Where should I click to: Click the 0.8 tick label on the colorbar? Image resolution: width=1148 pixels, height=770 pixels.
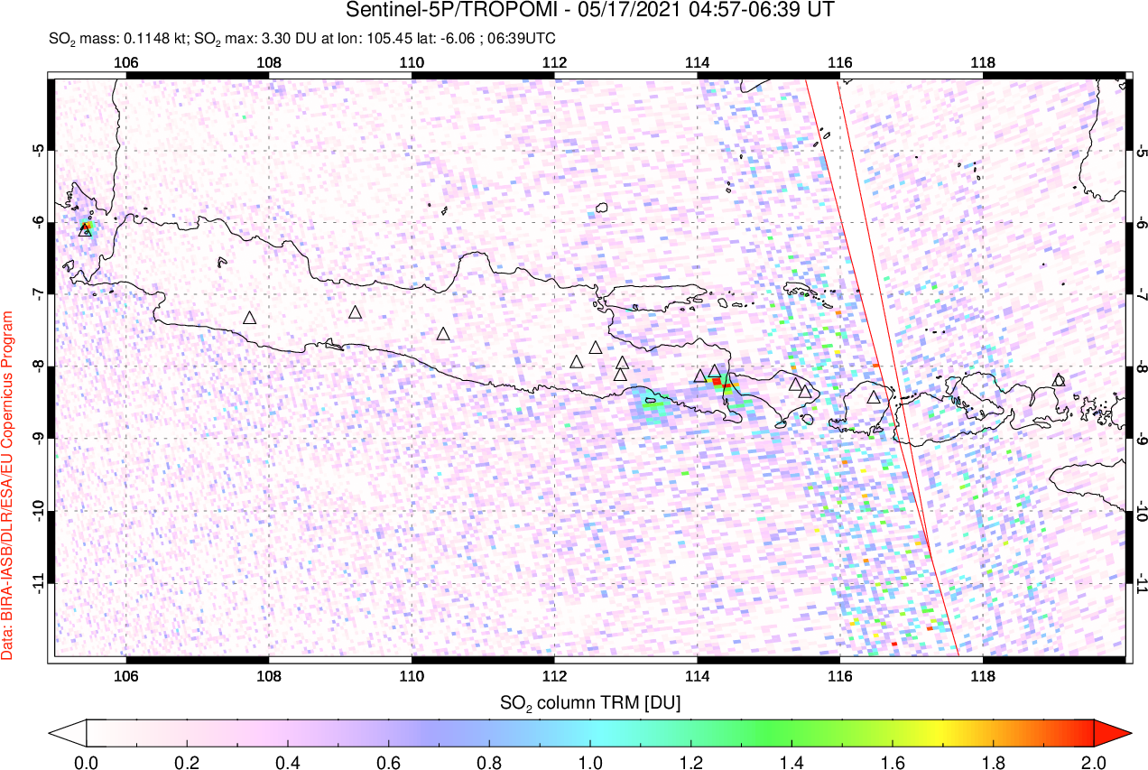490,761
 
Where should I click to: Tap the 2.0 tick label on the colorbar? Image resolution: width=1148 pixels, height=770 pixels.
1093,761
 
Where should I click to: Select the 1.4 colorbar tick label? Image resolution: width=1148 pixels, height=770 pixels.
792,761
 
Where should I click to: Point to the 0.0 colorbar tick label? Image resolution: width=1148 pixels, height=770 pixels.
87,761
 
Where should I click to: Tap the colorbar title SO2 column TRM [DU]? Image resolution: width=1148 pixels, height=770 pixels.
590,701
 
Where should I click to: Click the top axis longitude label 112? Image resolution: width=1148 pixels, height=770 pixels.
554,62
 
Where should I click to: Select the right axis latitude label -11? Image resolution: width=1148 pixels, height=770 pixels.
1142,583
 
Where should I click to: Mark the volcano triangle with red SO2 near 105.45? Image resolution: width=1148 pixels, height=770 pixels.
86,229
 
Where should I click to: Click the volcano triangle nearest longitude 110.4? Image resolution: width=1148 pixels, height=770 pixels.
443,334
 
